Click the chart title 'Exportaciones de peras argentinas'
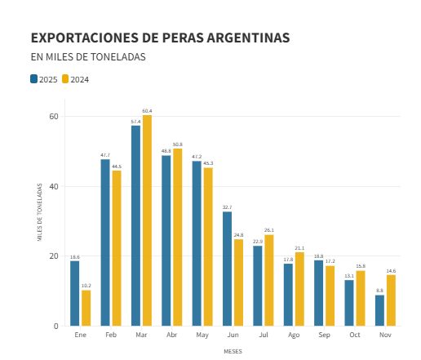point(160,38)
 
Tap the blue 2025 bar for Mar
point(136,225)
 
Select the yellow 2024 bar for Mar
point(147,220)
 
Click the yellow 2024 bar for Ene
point(86,308)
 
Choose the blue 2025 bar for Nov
point(379,310)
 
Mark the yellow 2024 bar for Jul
point(268,280)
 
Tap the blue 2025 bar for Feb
point(105,242)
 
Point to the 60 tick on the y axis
point(54,116)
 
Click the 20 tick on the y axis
point(54,256)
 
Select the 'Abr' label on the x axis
point(171,336)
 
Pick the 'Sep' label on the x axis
point(324,336)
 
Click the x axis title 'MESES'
point(233,352)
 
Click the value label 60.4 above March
point(147,111)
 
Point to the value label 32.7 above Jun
point(228,207)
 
